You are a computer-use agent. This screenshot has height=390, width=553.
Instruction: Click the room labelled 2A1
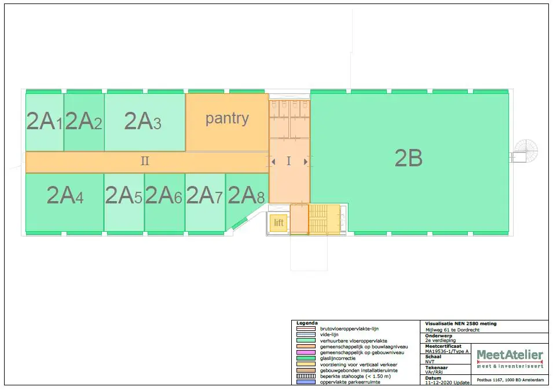click(44, 122)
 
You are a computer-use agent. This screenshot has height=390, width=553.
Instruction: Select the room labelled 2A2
click(83, 122)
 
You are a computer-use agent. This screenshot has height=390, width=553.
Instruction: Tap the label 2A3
click(143, 121)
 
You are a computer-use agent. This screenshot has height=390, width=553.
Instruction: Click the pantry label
click(227, 118)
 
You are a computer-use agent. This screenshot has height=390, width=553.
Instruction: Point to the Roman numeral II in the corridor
click(145, 161)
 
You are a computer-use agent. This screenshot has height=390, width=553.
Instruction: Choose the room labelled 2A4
click(65, 196)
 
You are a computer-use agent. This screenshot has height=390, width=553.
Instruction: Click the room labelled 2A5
click(123, 196)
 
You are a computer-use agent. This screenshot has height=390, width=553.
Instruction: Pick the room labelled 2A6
click(163, 196)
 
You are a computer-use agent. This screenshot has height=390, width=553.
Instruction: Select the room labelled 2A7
click(204, 196)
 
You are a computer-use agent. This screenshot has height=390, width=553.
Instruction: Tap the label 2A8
click(246, 195)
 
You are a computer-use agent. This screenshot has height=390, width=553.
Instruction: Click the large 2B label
click(408, 158)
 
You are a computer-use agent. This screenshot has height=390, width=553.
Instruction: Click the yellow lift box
click(279, 223)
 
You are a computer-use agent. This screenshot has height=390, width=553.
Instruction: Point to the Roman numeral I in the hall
click(289, 162)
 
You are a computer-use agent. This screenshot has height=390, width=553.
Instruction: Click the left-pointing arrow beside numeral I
click(273, 162)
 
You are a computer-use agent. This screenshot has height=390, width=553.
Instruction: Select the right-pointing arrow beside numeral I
click(305, 162)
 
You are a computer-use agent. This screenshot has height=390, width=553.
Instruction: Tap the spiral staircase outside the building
click(526, 152)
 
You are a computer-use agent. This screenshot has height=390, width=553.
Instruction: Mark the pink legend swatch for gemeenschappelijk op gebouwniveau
click(305, 352)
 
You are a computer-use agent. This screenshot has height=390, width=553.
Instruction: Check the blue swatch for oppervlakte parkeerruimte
click(305, 382)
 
